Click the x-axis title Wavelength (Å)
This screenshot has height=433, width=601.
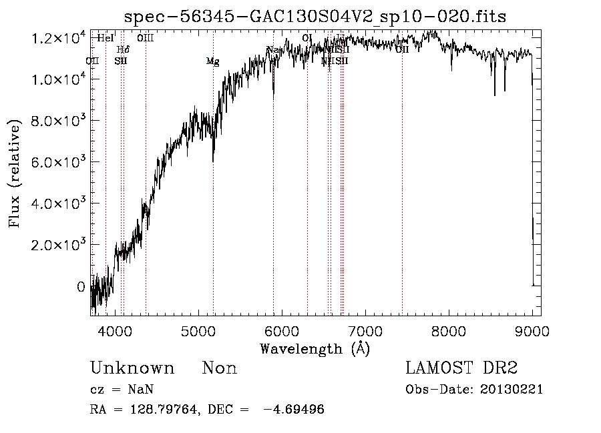coord(315,348)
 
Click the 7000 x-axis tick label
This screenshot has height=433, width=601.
coord(365,331)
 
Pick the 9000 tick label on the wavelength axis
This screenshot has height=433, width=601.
coord(532,331)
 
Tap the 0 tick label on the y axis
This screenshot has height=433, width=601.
coord(81,287)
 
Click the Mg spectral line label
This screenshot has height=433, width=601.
coord(212,62)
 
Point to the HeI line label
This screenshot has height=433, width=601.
coord(106,38)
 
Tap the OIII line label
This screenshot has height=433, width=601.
coord(146,38)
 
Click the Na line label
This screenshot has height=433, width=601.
coord(272,50)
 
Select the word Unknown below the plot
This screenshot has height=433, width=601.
coord(132,368)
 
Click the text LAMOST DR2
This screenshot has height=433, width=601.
coord(461,368)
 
